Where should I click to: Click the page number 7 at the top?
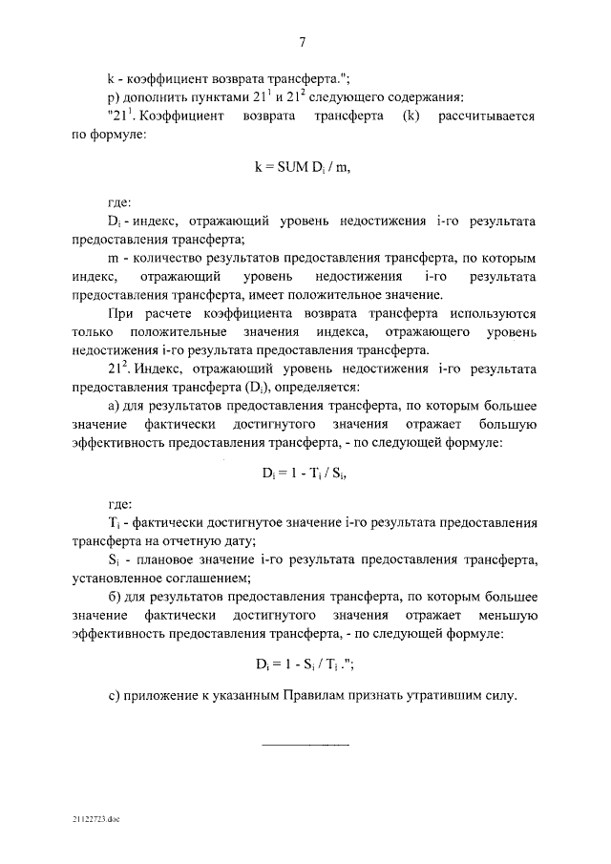(x=303, y=40)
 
